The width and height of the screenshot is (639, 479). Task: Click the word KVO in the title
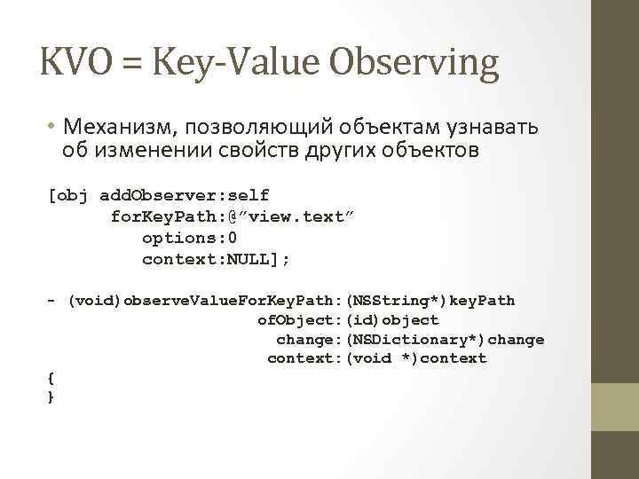click(74, 63)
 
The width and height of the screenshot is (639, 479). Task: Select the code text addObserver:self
click(185, 194)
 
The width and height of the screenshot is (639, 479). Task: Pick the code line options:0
click(190, 238)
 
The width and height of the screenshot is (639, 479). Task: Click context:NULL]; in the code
click(216, 260)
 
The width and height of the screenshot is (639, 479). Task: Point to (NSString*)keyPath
click(430, 301)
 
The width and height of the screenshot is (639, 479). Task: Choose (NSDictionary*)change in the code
click(444, 340)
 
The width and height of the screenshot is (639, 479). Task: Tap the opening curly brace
click(51, 378)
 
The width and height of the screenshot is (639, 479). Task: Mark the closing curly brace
click(51, 397)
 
